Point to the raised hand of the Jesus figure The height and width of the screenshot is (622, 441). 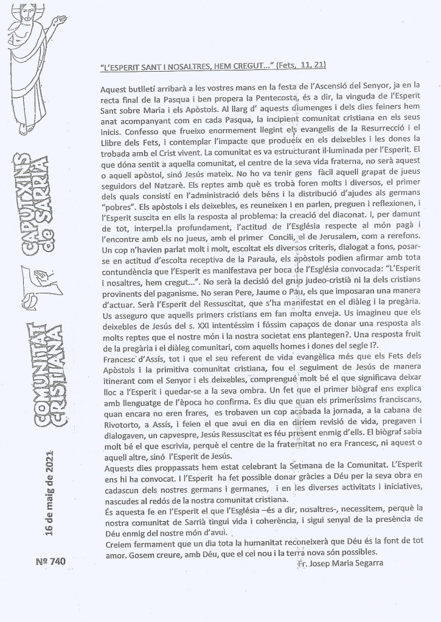(60, 22)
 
